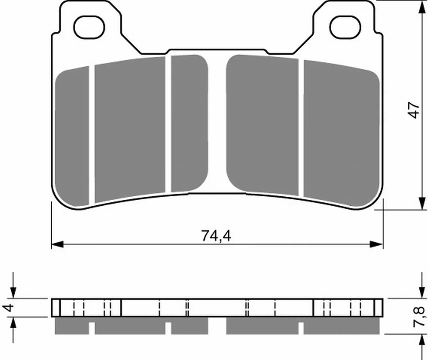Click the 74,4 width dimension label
216,236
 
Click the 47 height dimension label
414,110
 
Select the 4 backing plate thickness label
8,308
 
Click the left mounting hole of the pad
90,27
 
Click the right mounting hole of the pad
345,27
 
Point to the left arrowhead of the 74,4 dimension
57,245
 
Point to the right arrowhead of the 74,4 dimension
377,245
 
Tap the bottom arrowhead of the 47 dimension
422,204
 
